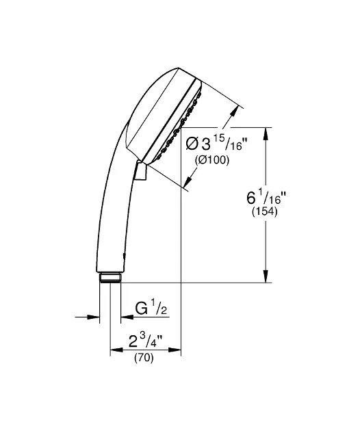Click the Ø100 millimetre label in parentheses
(212, 160)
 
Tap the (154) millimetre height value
(265, 211)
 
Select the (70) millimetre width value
(144, 358)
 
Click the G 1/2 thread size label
(151, 309)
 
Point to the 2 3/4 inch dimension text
(145, 341)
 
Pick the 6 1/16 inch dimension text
(266, 197)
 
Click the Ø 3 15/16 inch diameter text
(216, 144)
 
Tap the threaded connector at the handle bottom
(110, 277)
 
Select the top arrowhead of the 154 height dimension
(266, 134)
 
